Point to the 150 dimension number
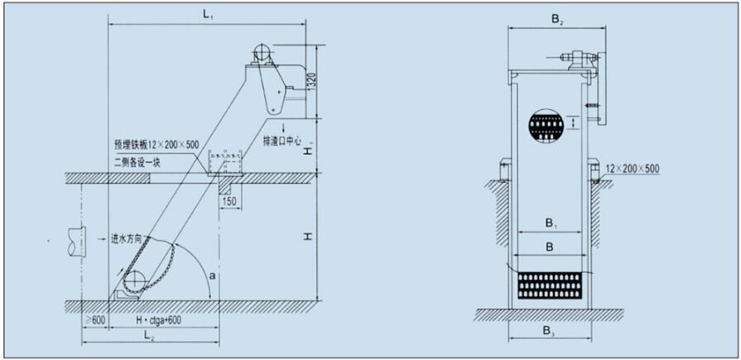point(229,200)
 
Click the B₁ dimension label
point(549,223)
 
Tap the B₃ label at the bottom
point(549,330)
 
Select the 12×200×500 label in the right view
point(633,169)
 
